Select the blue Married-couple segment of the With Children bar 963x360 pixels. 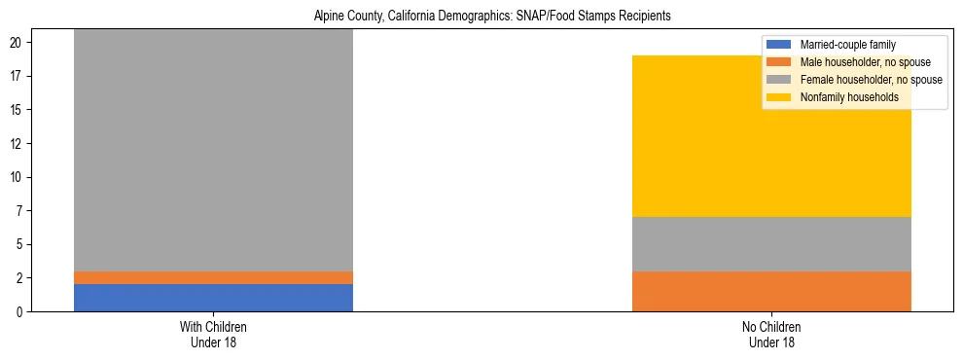pos(213,297)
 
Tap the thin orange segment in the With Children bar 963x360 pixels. pos(213,277)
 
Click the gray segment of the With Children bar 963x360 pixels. pos(213,151)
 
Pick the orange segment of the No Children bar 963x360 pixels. pos(771,291)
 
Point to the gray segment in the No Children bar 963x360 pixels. pos(771,243)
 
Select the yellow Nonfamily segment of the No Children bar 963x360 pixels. pos(771,136)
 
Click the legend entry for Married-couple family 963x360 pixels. pos(846,45)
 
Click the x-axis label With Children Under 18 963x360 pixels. pos(213,335)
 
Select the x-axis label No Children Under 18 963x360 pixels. pos(771,335)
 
